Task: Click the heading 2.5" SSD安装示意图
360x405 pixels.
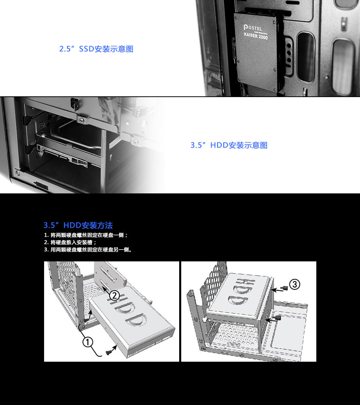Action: [x=96, y=49]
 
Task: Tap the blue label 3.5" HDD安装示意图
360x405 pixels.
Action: [x=229, y=145]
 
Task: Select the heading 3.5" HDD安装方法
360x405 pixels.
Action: [x=78, y=225]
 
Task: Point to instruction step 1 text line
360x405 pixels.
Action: [x=86, y=235]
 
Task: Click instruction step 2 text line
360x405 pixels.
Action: [x=70, y=242]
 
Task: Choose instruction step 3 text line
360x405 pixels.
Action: [x=88, y=250]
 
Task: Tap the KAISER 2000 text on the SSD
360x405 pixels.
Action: [x=256, y=36]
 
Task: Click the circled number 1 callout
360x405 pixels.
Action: [x=88, y=342]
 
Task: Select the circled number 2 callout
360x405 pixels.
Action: [x=114, y=296]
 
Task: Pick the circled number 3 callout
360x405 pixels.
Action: [x=294, y=284]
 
